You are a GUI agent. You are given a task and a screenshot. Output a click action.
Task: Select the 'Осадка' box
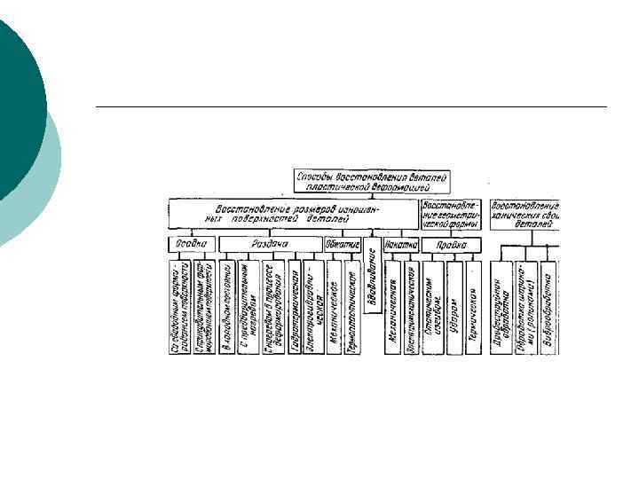(190, 243)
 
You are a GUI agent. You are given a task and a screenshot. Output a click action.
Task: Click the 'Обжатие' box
(343, 243)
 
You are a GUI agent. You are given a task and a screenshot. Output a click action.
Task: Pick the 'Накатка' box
(400, 243)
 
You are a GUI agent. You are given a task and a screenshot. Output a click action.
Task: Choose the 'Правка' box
(451, 243)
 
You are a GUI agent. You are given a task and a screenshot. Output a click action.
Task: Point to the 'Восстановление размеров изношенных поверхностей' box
(293, 213)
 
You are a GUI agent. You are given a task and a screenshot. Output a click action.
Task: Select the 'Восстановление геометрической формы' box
(452, 213)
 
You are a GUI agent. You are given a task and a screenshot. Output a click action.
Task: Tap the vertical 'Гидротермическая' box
(294, 307)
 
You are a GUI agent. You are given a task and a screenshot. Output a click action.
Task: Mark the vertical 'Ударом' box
(454, 307)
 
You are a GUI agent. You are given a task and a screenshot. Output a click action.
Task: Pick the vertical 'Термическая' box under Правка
(474, 307)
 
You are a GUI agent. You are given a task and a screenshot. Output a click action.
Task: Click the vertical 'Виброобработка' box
(548, 307)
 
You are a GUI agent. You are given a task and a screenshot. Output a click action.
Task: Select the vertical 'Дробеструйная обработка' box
(503, 307)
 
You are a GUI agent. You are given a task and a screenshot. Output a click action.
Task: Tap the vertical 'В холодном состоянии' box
(226, 307)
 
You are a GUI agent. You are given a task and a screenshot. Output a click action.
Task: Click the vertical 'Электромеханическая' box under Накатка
(412, 307)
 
